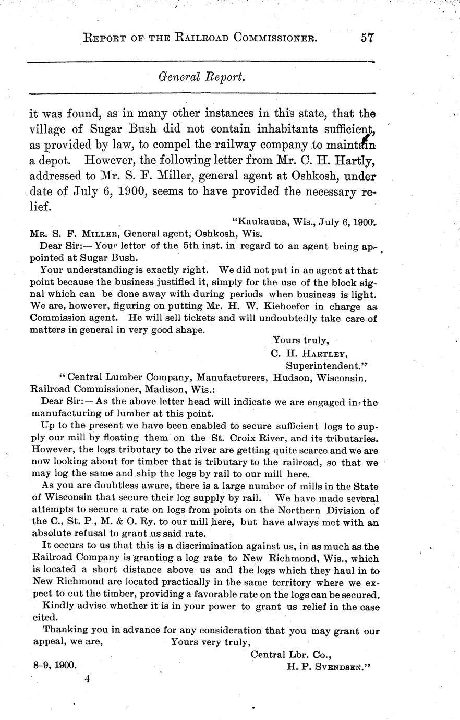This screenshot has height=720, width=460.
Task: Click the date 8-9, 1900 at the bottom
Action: point(53,666)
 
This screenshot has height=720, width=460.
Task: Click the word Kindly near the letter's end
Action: point(58,607)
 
